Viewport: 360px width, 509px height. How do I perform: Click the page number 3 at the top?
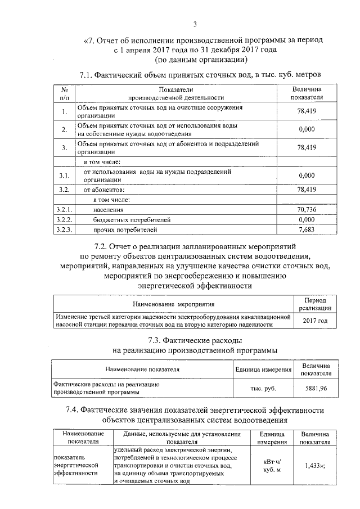(x=195, y=24)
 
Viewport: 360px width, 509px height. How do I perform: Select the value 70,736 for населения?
(x=307, y=209)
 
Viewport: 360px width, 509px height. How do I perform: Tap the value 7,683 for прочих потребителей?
(x=307, y=229)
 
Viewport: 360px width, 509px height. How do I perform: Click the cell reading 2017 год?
(x=314, y=321)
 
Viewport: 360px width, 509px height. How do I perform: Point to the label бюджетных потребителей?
(x=132, y=219)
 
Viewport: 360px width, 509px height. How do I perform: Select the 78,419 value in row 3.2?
(x=307, y=189)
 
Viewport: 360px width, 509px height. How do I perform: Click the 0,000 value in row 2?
(x=307, y=129)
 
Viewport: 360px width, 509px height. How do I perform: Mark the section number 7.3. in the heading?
(x=158, y=340)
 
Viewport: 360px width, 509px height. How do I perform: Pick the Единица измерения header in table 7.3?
(x=263, y=370)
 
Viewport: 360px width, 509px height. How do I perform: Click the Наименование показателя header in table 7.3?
(x=142, y=370)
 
